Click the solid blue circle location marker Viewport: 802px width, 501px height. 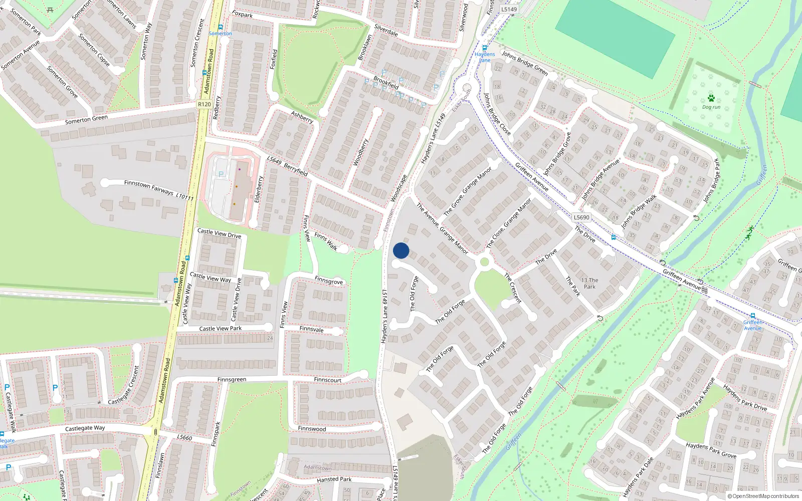point(401,250)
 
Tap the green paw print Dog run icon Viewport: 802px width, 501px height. point(711,98)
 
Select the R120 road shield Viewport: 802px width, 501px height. point(204,104)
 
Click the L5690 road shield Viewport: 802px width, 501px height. point(581,217)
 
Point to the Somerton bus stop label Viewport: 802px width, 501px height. point(220,34)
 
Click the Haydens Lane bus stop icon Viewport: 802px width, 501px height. point(484,48)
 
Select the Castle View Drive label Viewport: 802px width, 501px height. point(219,233)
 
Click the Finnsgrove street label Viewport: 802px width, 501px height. point(329,281)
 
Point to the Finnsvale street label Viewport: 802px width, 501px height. point(311,329)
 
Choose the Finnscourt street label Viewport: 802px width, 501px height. point(327,380)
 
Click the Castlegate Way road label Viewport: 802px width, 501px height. point(85,428)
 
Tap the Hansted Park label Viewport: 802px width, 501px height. point(334,479)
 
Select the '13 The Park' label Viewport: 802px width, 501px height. point(589,284)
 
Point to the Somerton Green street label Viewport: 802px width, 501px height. point(86,119)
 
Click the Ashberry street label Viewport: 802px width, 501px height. point(302,117)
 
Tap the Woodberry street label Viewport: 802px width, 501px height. point(360,152)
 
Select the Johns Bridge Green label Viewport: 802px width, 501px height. point(525,63)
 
